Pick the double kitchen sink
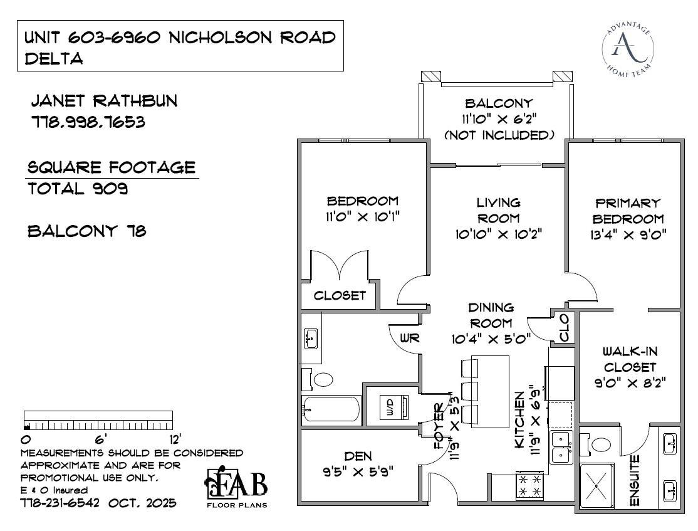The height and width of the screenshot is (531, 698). point(561,446)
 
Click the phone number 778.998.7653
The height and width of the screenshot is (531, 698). point(88,122)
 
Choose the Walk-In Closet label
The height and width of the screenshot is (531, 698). point(629,359)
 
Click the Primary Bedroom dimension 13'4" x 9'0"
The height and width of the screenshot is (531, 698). point(628,235)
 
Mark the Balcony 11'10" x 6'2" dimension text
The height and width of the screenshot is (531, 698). point(499,119)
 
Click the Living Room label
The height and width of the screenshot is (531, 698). point(498,210)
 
